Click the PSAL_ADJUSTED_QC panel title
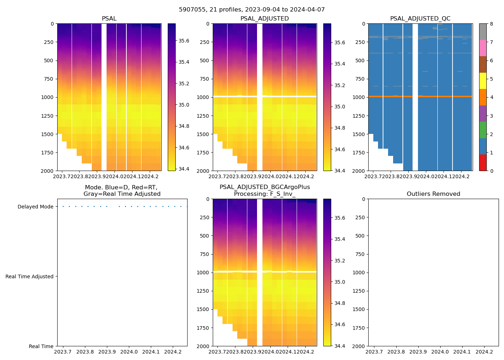(x=420, y=19)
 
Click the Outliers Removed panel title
(x=433, y=194)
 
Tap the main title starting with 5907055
(x=252, y=10)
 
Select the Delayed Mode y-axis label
(x=35, y=207)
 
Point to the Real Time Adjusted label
(x=29, y=276)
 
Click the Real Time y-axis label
(x=41, y=346)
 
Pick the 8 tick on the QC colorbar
(x=491, y=24)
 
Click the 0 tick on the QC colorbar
(x=491, y=171)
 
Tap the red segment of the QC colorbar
(x=483, y=163)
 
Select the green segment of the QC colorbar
(x=483, y=130)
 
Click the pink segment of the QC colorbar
(x=483, y=48)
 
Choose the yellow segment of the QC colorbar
(x=483, y=81)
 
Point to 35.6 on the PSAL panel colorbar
(x=184, y=41)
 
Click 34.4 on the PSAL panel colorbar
(x=184, y=169)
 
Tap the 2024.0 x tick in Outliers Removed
(x=440, y=352)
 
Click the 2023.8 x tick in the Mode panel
(x=85, y=352)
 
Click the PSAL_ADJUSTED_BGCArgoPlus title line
(x=265, y=187)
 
